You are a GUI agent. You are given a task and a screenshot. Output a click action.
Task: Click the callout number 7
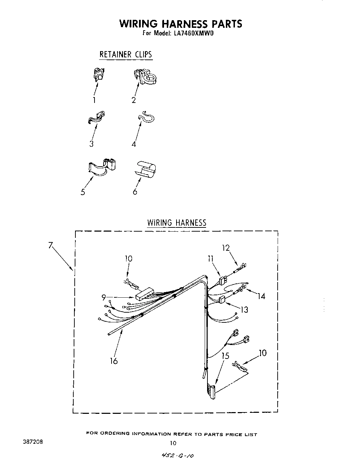[51, 245]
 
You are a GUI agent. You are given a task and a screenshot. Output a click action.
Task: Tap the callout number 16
[114, 361]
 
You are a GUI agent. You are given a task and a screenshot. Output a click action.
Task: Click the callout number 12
[226, 248]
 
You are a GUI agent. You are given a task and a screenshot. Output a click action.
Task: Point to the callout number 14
[261, 296]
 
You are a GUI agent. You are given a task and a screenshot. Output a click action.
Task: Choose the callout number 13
[244, 309]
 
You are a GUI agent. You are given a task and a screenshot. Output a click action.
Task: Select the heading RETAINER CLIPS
[125, 55]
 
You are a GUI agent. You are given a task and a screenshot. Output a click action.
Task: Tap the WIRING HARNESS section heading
[177, 223]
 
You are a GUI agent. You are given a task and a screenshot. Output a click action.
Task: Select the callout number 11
[211, 258]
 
